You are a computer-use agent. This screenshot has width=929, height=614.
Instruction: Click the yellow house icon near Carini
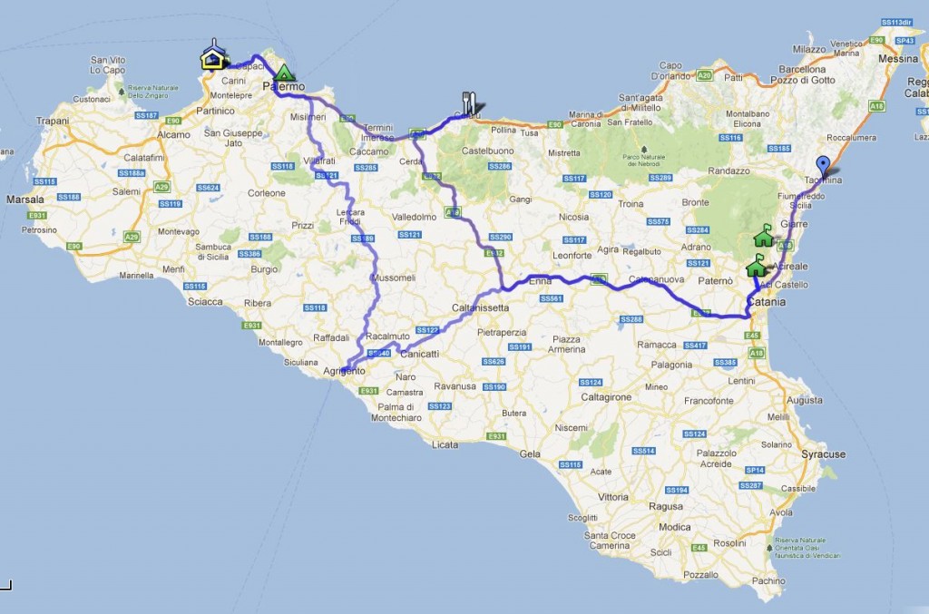[213, 58]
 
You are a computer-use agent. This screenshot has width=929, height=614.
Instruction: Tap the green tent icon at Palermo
[285, 73]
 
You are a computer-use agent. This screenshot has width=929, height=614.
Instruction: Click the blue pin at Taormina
[823, 167]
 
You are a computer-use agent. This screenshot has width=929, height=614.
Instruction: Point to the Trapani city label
[53, 120]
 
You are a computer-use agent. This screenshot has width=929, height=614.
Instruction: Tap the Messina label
[898, 59]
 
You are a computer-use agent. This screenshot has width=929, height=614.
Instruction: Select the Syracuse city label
[824, 454]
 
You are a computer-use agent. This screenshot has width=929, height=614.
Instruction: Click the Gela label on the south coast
[530, 453]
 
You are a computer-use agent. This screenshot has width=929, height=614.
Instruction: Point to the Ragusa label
[667, 507]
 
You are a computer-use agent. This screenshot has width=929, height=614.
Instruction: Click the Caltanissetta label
[480, 307]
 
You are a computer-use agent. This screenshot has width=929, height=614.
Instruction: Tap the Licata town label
[445, 444]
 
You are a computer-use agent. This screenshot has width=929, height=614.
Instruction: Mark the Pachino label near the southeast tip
[768, 580]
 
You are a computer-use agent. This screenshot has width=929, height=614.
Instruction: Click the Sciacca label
[205, 302]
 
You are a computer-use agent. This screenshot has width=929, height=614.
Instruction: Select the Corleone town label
[267, 193]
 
